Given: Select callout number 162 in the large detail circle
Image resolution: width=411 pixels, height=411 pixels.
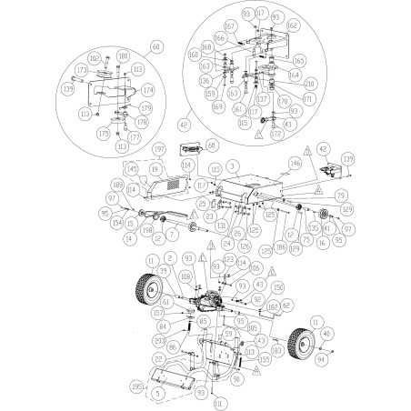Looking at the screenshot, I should point(293,25).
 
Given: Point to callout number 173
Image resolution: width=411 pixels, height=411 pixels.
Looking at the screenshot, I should point(83,69).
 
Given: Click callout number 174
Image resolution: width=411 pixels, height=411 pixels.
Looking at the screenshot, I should point(148,89).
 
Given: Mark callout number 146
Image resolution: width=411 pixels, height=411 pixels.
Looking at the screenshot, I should point(294,165).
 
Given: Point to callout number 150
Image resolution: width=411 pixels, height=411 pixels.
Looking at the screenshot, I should point(278,286).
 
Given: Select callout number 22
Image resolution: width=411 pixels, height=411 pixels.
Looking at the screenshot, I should point(156,359).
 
